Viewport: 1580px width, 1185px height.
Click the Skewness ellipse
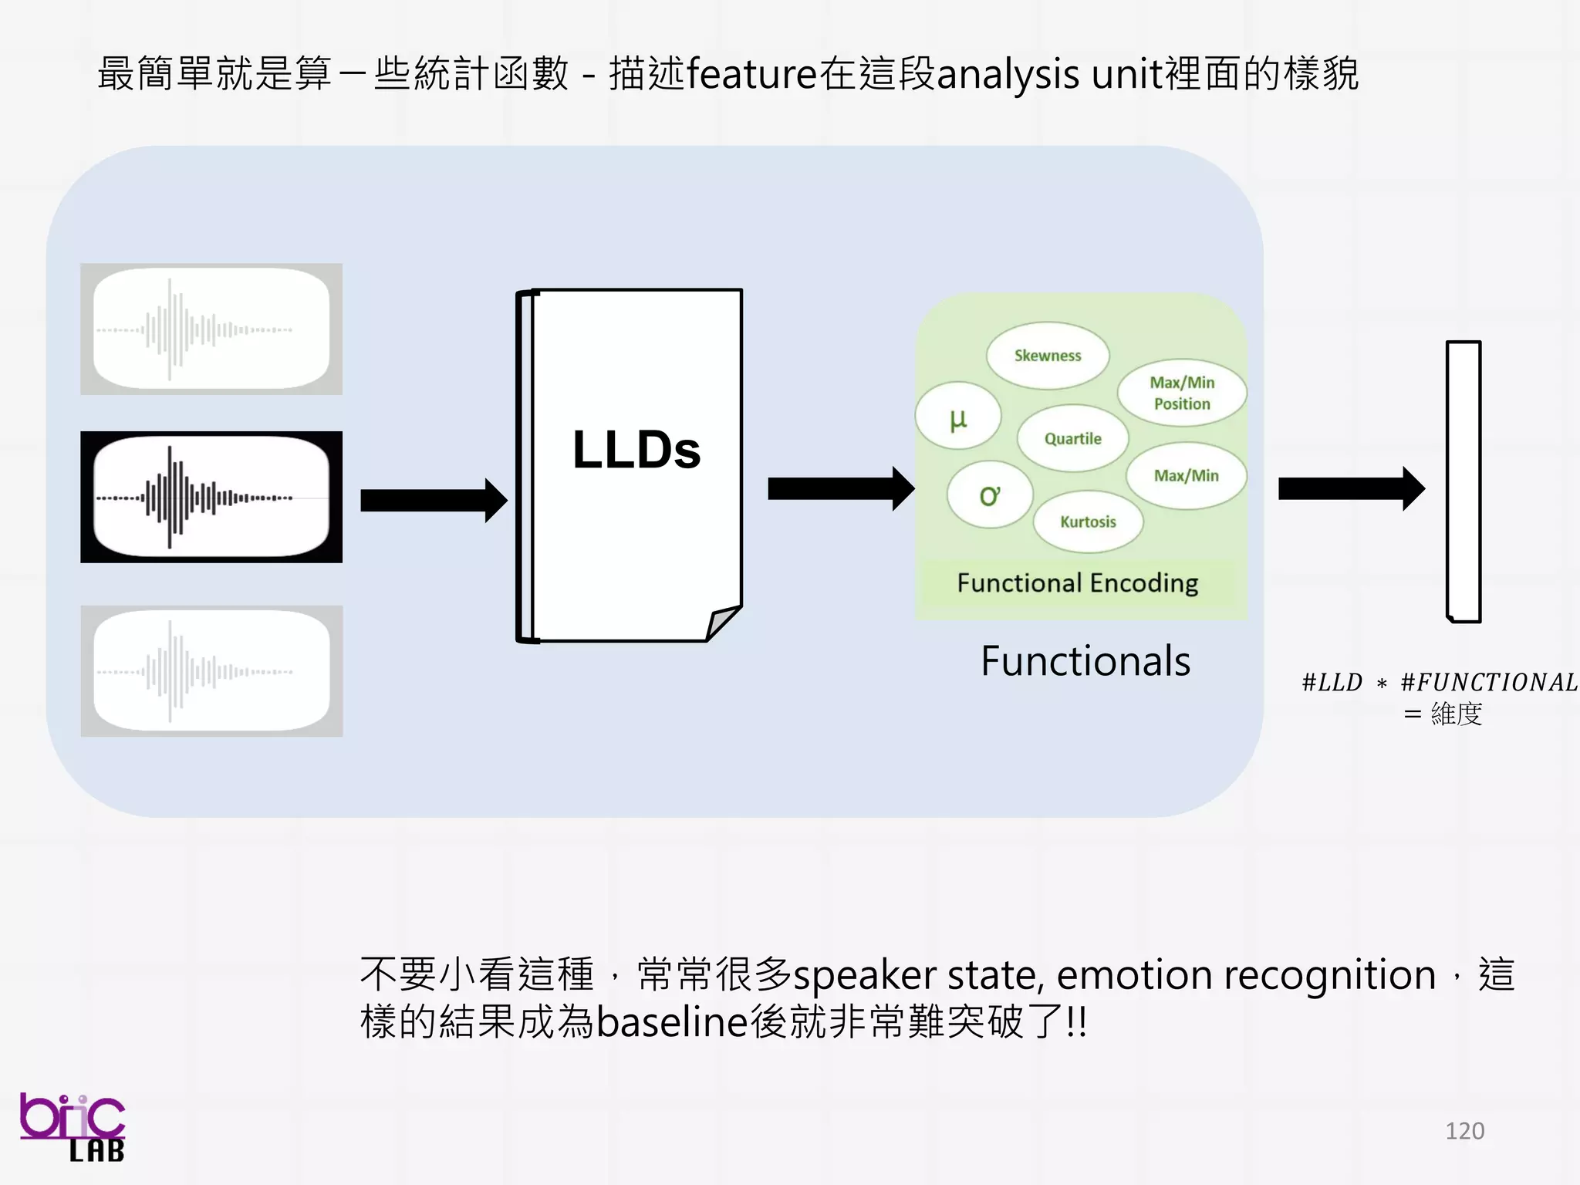click(1047, 356)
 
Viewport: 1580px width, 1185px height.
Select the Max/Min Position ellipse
click(1182, 393)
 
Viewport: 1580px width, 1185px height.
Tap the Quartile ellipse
click(1072, 438)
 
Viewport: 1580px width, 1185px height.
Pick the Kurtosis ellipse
click(1088, 522)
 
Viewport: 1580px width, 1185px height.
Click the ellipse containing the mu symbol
click(958, 417)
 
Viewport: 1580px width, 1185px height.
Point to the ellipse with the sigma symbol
click(989, 495)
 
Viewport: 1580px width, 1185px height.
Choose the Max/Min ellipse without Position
click(1186, 476)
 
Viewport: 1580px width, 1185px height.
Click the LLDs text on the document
click(636, 450)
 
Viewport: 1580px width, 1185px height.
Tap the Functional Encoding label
click(1077, 583)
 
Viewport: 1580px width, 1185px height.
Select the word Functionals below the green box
click(1085, 661)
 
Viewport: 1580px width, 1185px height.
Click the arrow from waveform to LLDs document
click(433, 501)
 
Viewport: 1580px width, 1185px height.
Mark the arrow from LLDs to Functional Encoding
click(840, 488)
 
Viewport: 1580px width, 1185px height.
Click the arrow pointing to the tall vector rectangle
click(1350, 488)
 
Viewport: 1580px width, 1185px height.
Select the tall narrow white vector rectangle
click(1463, 481)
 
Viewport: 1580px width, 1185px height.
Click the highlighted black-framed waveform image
click(211, 497)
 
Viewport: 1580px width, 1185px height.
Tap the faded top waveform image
click(211, 329)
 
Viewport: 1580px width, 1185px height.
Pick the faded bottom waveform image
click(211, 671)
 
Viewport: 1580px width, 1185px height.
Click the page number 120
click(1464, 1131)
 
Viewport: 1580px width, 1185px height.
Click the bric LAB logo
click(73, 1126)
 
